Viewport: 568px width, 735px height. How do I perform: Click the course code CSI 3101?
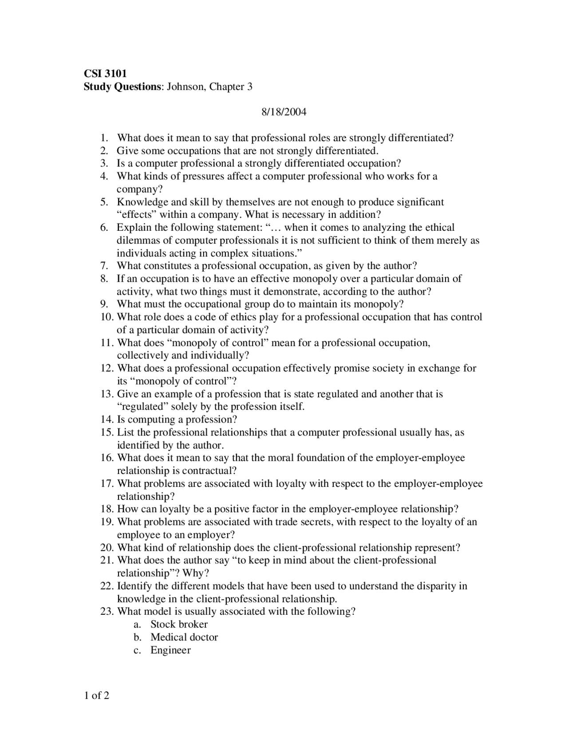click(105, 74)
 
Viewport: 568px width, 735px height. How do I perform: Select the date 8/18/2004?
click(284, 112)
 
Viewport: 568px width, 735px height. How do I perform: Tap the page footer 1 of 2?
click(96, 695)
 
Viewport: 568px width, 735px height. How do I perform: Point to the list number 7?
click(104, 266)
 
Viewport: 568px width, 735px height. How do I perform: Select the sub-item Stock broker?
click(179, 624)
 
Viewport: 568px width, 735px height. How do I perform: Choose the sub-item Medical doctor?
click(184, 637)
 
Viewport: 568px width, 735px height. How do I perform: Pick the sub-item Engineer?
click(170, 650)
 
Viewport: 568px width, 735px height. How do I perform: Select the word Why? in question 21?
click(196, 573)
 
